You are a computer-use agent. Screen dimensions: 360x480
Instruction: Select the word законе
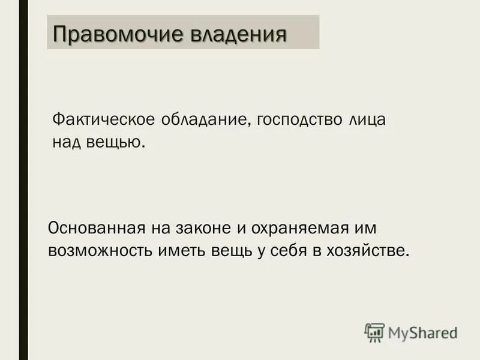[x=205, y=229]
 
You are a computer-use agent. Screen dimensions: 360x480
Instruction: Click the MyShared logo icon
[x=374, y=332]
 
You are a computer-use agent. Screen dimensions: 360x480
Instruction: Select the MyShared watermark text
[x=422, y=332]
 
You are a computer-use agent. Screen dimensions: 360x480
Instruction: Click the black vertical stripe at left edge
[x=23, y=180]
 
